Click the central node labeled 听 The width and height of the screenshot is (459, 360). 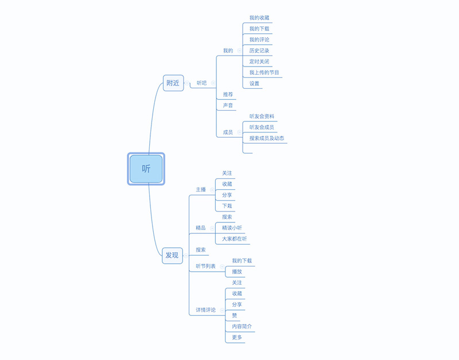[146, 169]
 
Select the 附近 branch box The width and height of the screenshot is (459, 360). [173, 83]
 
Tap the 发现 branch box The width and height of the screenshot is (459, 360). [172, 255]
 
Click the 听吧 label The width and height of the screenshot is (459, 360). [201, 83]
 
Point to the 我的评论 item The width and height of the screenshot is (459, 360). [259, 40]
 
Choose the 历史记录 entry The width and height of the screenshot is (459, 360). [259, 50]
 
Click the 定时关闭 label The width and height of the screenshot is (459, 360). [259, 61]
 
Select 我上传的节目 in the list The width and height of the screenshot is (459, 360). [264, 73]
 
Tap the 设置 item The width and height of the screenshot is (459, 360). [254, 84]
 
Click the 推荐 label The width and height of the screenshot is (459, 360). [228, 94]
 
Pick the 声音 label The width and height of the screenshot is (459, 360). [228, 105]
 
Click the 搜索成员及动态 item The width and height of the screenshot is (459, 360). [267, 138]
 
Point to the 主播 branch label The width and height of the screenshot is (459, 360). [201, 189]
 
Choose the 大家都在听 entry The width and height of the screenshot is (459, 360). [235, 238]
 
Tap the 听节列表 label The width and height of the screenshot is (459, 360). [205, 266]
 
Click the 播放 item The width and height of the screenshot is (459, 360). [237, 272]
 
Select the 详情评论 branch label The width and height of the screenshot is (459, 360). [205, 310]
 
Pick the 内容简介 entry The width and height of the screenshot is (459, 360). [242, 326]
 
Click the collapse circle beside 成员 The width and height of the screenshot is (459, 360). [239, 132]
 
